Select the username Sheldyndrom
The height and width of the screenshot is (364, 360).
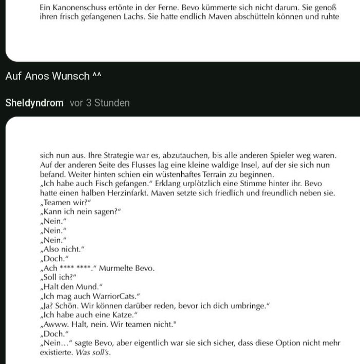(x=34, y=103)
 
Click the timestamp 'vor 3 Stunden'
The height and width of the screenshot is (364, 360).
(x=100, y=103)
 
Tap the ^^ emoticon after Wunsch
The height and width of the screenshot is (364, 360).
(x=97, y=76)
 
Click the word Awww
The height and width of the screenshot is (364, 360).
(x=54, y=324)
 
